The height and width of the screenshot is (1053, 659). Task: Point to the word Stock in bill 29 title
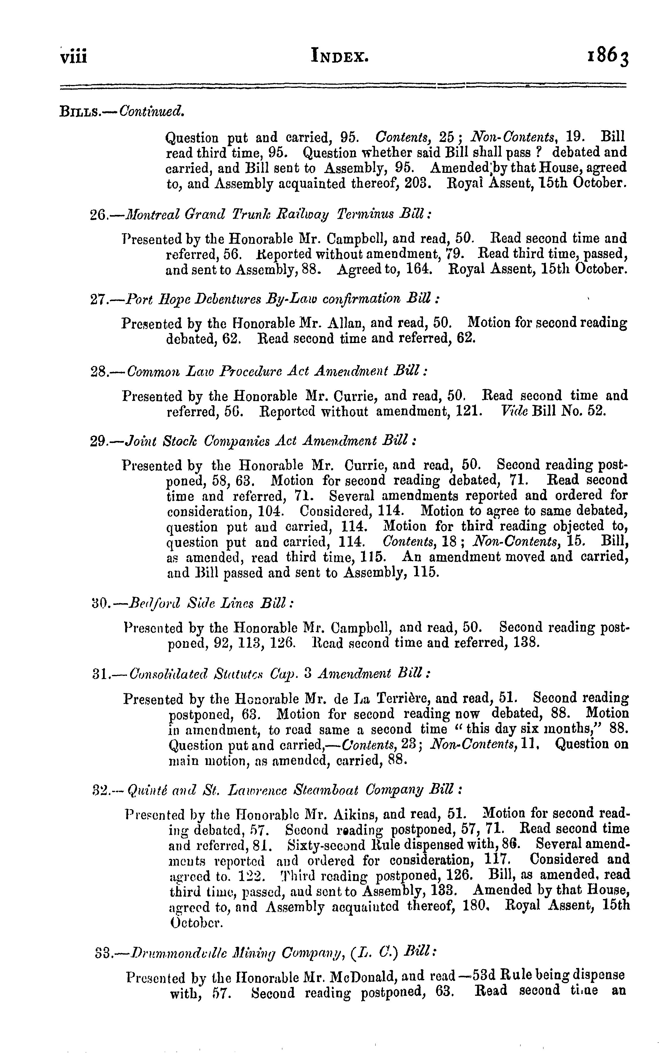point(178,441)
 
